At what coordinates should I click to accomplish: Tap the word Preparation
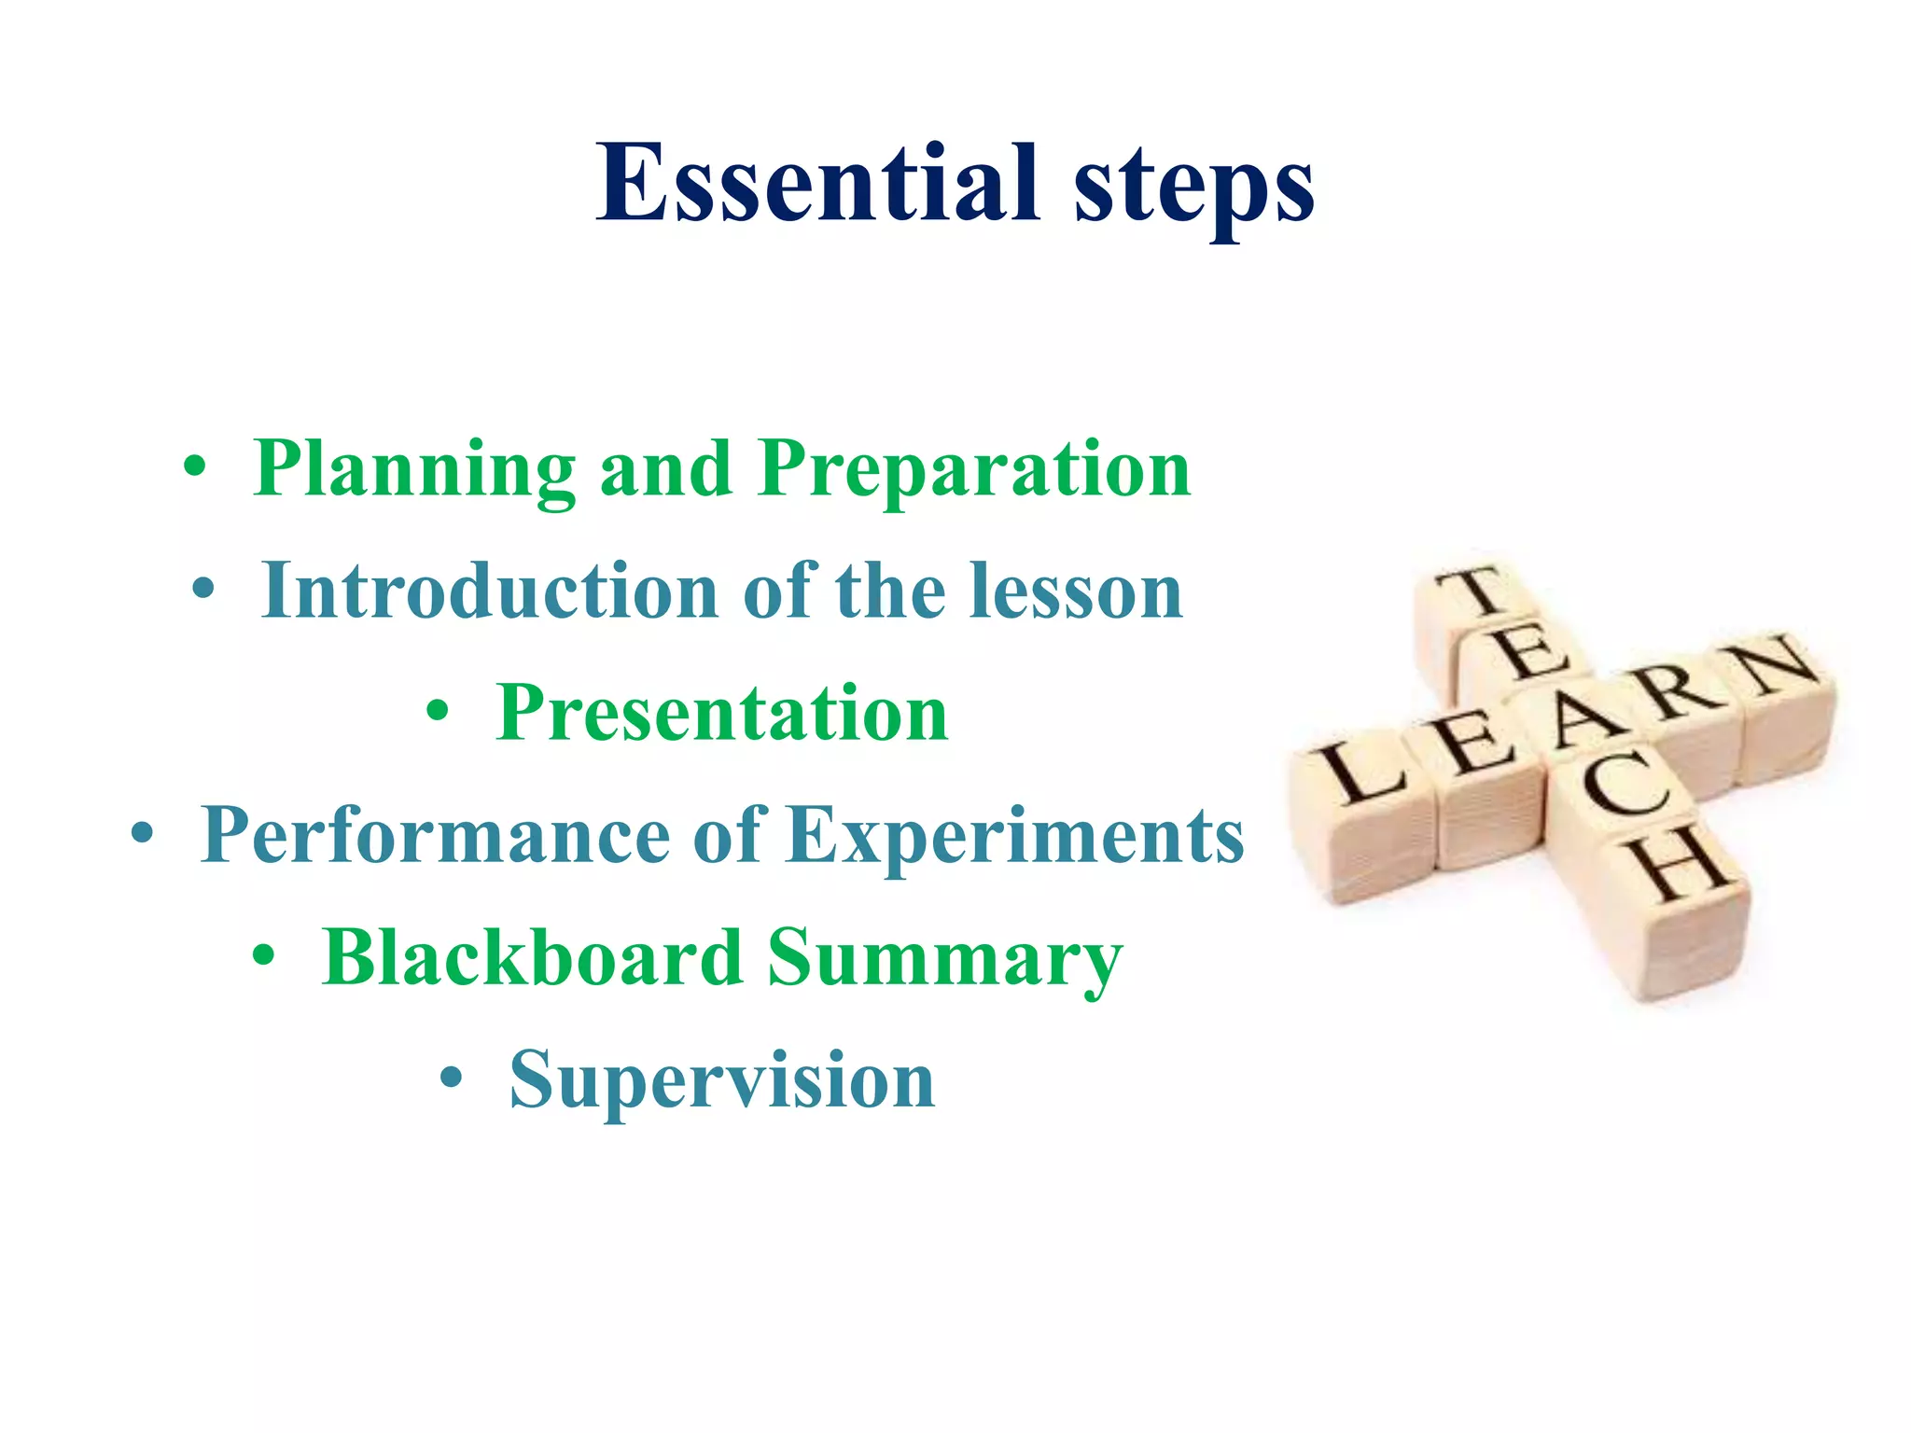pyautogui.click(x=974, y=469)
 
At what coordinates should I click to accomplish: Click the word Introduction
pyautogui.click(x=490, y=591)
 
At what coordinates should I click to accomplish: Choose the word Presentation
pyautogui.click(x=722, y=714)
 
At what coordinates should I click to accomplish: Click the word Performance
pyautogui.click(x=435, y=835)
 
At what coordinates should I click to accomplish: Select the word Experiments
pyautogui.click(x=1015, y=835)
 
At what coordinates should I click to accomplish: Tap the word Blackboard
pyautogui.click(x=532, y=958)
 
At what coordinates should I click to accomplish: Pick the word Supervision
pyautogui.click(x=722, y=1080)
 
